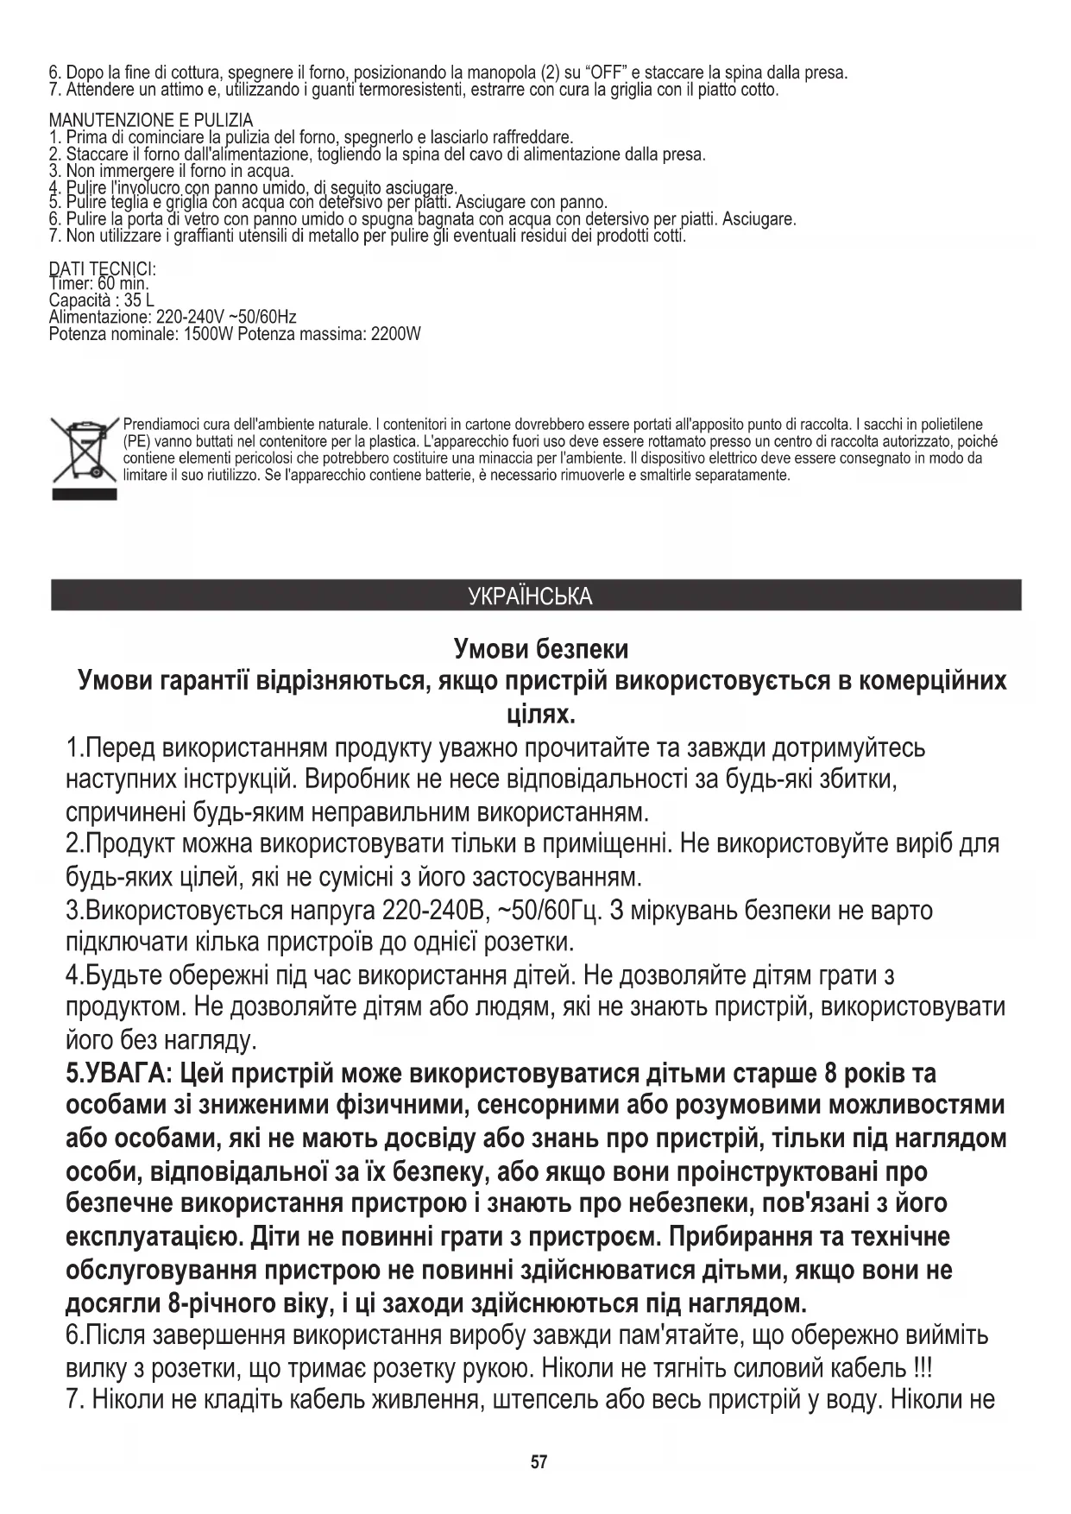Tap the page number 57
[539, 1462]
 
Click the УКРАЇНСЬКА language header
[530, 596]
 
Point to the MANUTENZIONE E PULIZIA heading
[151, 120]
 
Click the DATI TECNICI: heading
[102, 269]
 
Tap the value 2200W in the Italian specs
[395, 334]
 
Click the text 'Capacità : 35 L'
[102, 301]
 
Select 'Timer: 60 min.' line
[99, 284]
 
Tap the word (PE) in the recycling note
[137, 441]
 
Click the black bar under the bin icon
[84, 494]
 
